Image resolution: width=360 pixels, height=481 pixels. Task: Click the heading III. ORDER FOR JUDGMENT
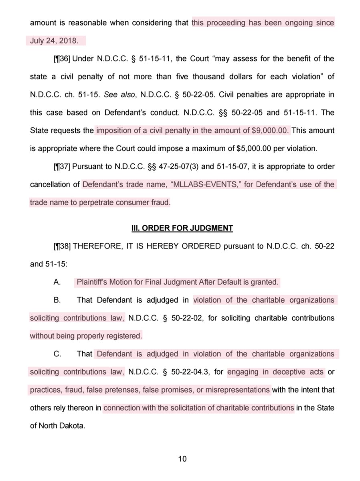click(x=182, y=228)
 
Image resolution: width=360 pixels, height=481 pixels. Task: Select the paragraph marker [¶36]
click(x=61, y=59)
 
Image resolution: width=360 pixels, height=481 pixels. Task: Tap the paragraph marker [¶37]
click(x=61, y=166)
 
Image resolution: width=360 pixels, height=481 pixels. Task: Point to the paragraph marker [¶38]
click(x=61, y=246)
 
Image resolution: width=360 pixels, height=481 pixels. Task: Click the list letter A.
click(x=57, y=282)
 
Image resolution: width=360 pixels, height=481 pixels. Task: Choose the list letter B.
click(x=57, y=300)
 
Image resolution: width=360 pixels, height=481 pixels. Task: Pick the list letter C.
click(x=57, y=354)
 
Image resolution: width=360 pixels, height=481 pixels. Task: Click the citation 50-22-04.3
click(x=190, y=372)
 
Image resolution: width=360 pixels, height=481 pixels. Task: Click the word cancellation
click(x=55, y=184)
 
